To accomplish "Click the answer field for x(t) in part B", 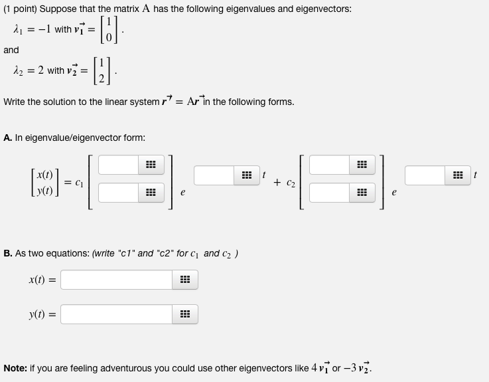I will pyautogui.click(x=117, y=280).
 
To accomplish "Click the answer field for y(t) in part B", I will pyautogui.click(x=117, y=313).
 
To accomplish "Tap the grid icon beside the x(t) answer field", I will pyautogui.click(x=185, y=280).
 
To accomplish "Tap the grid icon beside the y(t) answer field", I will pyautogui.click(x=185, y=313).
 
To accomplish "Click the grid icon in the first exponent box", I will pyautogui.click(x=247, y=175).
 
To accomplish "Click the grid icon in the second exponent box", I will pyautogui.click(x=458, y=175).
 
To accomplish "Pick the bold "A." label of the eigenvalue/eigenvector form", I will pyautogui.click(x=7, y=138).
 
